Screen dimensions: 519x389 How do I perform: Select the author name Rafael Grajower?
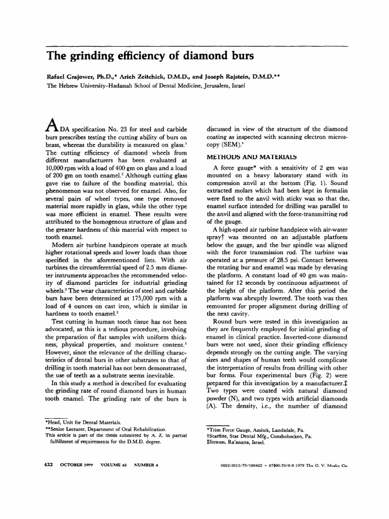pos(70,78)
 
